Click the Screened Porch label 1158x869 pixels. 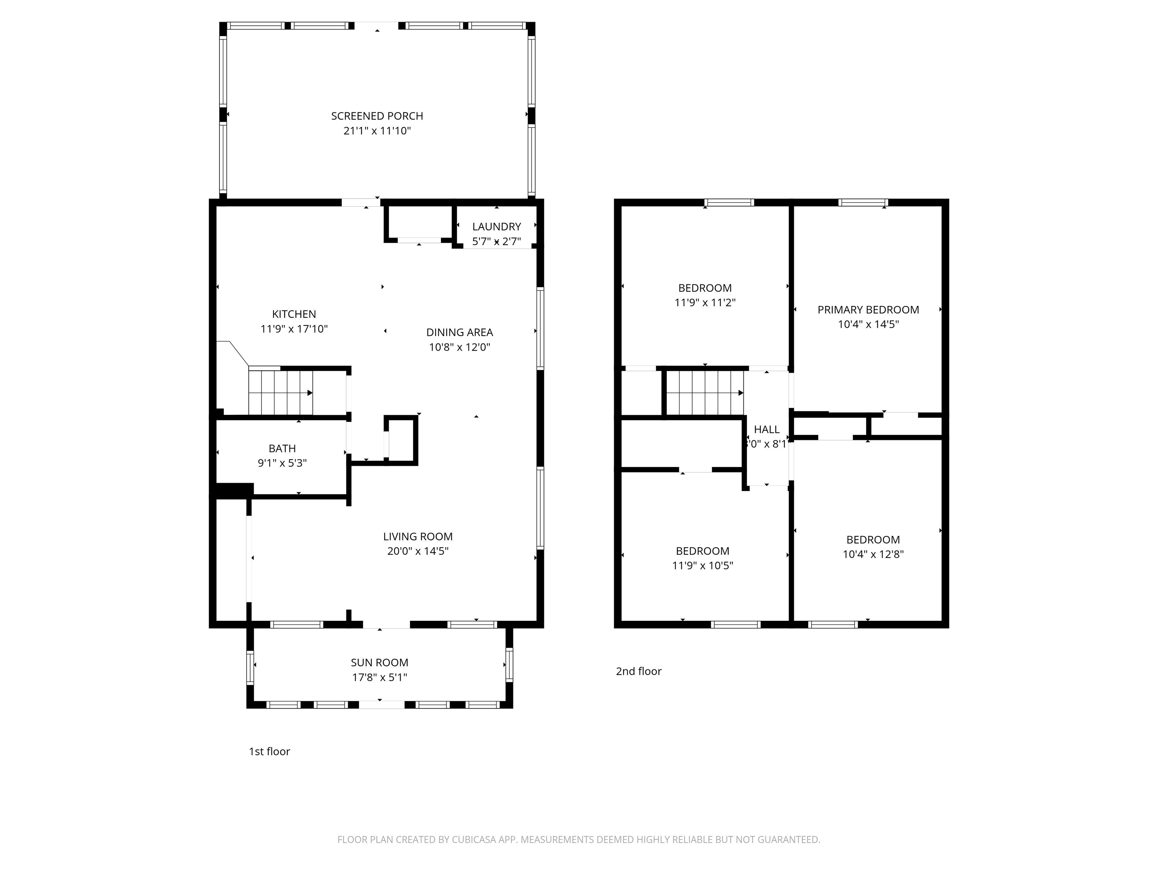point(377,116)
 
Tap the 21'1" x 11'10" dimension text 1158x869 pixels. point(377,131)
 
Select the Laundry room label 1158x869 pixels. point(496,227)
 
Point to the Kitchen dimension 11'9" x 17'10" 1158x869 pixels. point(294,329)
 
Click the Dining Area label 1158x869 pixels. point(459,332)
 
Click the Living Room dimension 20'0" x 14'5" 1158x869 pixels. point(417,551)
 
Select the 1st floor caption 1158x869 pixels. point(269,752)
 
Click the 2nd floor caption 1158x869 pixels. point(638,671)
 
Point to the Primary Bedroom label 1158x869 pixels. point(868,310)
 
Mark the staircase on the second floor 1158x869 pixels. point(704,393)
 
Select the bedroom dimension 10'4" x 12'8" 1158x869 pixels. point(873,554)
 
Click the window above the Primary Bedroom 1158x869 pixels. point(863,203)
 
